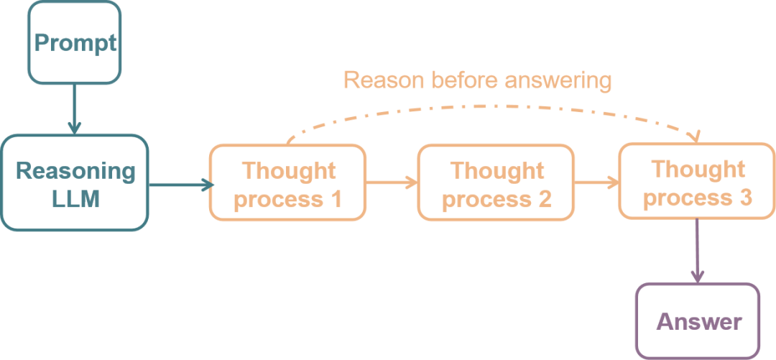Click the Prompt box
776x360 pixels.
pos(75,42)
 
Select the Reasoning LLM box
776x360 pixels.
pos(75,183)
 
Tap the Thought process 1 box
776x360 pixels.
pos(287,183)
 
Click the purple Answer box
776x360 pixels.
pos(698,320)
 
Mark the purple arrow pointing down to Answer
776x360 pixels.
pos(697,251)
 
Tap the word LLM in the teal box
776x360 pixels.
pos(75,199)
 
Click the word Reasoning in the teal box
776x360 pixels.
pos(75,171)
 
